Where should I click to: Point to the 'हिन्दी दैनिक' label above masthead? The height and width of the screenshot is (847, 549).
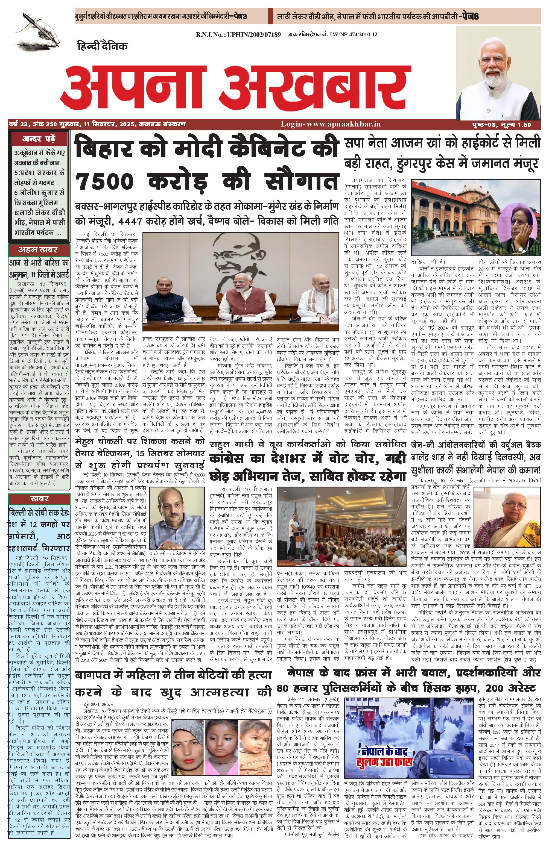click(x=102, y=46)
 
